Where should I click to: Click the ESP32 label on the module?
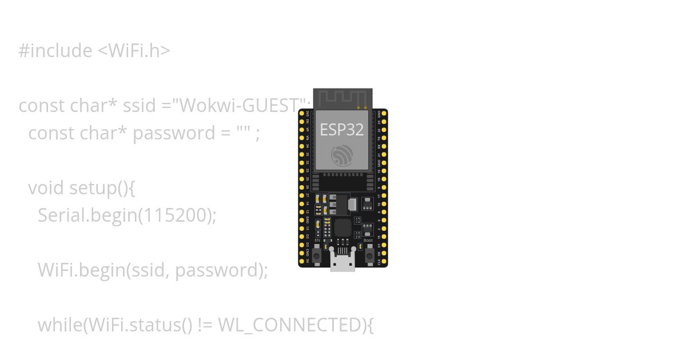click(x=341, y=130)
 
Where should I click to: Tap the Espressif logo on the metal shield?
click(x=342, y=155)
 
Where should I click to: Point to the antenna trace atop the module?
click(x=342, y=98)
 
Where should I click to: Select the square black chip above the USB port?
click(x=343, y=227)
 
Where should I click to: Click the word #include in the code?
click(x=55, y=51)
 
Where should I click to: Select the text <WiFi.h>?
click(x=134, y=51)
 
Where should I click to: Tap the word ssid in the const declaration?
click(x=137, y=106)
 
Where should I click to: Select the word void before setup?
click(x=46, y=188)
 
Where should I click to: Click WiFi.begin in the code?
click(x=79, y=270)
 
